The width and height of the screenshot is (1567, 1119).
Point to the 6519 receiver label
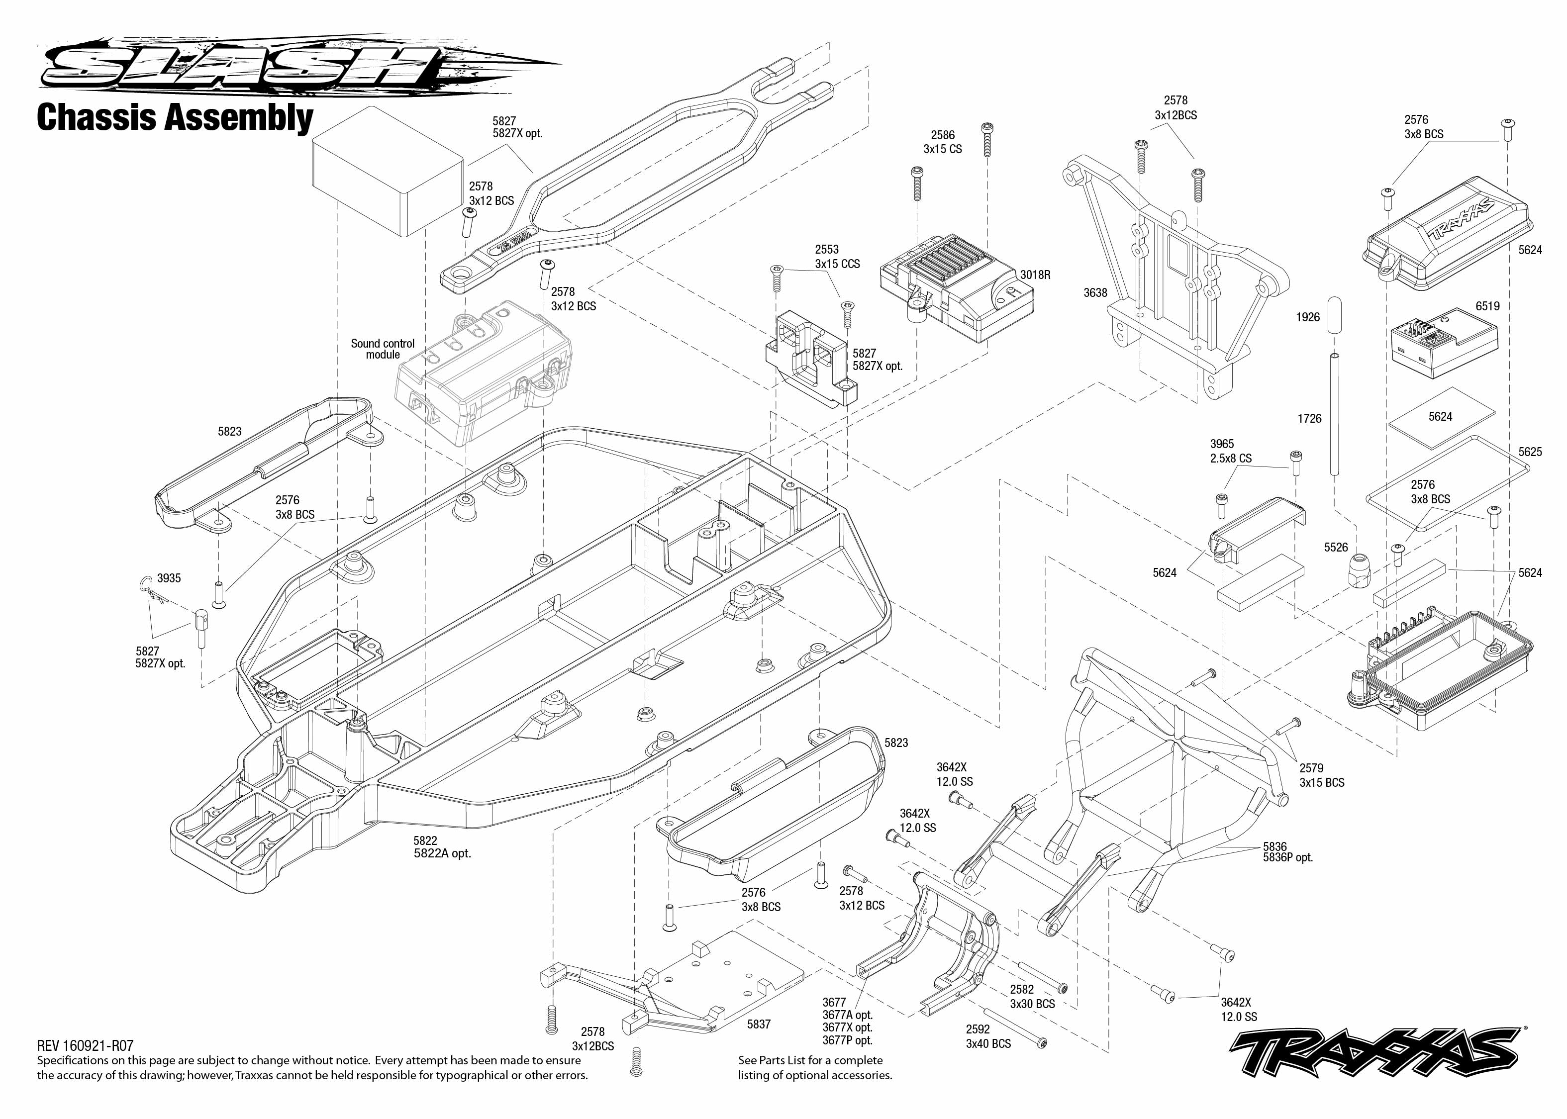click(x=1487, y=306)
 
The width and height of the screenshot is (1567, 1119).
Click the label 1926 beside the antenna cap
click(x=1307, y=317)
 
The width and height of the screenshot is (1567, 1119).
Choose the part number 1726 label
click(x=1309, y=418)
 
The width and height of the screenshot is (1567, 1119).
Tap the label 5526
click(x=1336, y=547)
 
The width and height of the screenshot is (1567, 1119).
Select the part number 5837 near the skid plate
click(x=759, y=1025)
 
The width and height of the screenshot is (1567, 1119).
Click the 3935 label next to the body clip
click(x=169, y=578)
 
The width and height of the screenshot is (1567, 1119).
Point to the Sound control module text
click(x=383, y=349)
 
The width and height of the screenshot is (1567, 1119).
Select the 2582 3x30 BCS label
click(x=1032, y=996)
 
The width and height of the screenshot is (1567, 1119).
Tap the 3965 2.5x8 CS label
click(x=1230, y=451)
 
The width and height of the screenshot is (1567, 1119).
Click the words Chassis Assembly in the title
click(x=175, y=117)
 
